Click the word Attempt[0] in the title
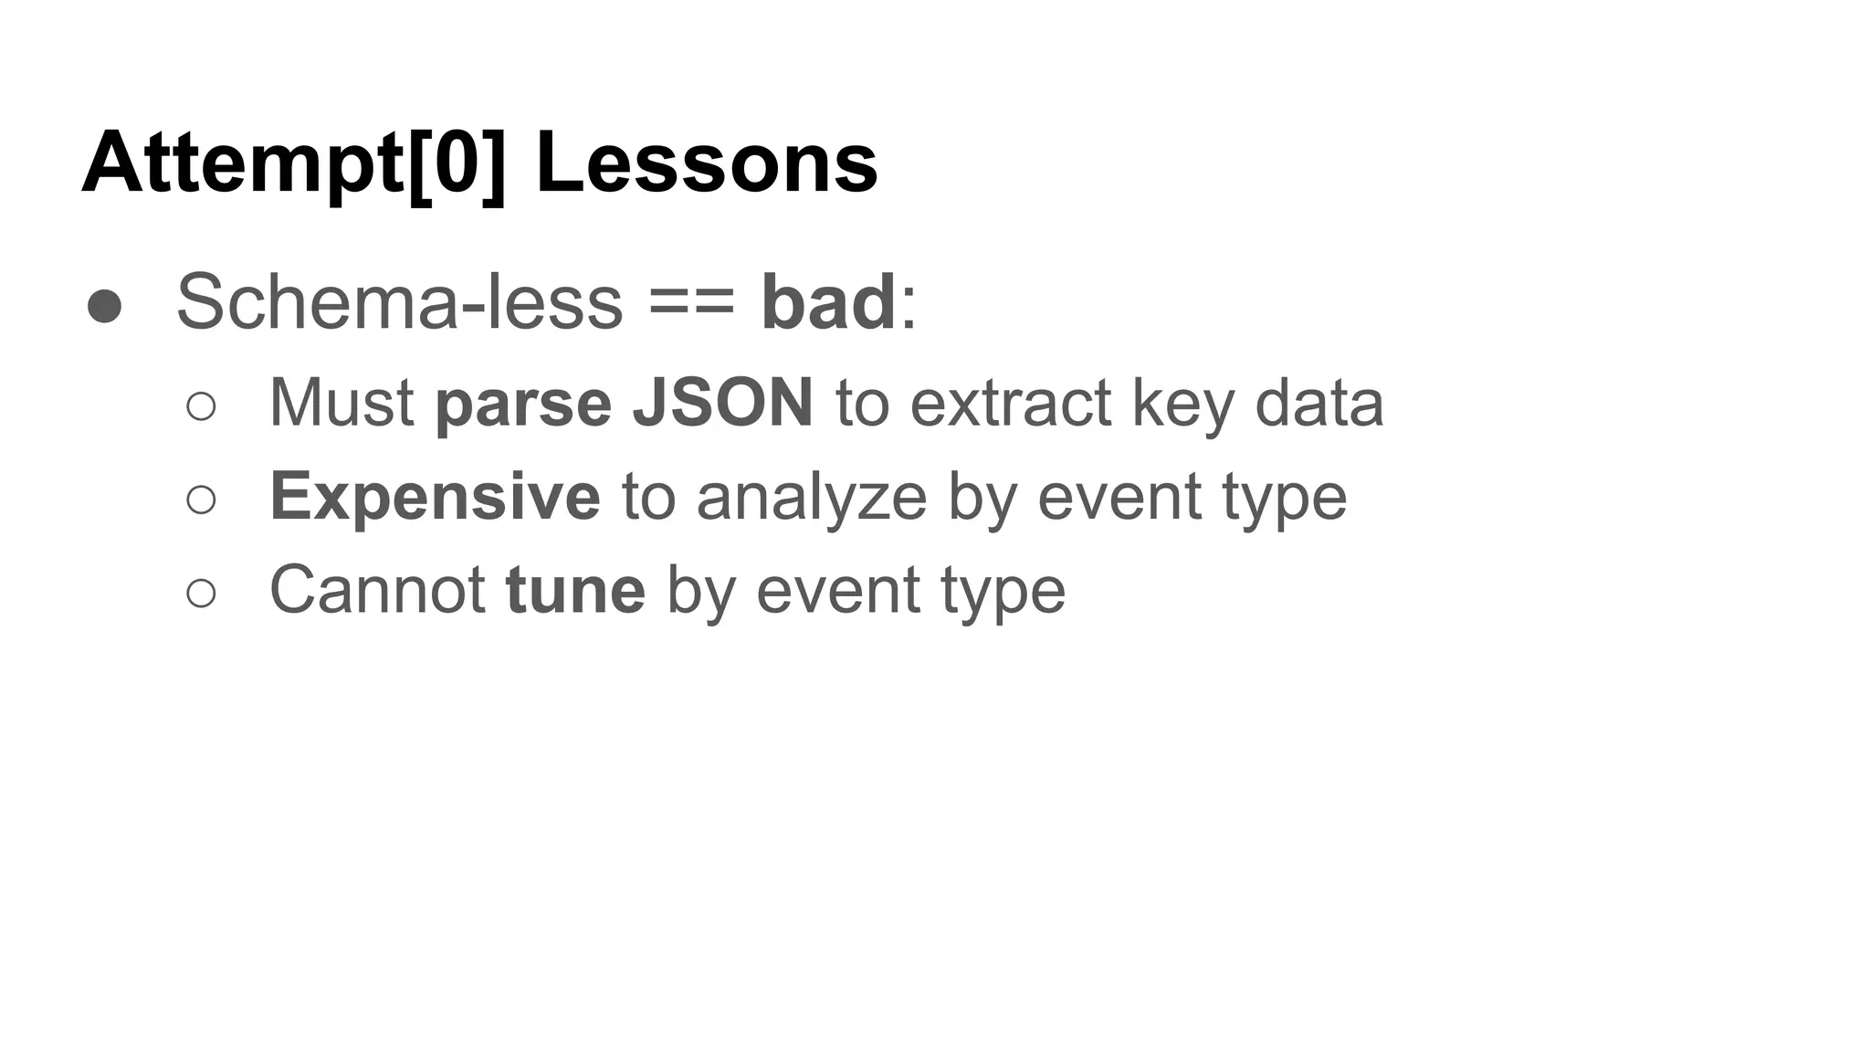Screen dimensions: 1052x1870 pyautogui.click(x=293, y=164)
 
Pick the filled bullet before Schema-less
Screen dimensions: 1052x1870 pyautogui.click(x=105, y=307)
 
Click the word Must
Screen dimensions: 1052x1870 pyautogui.click(x=341, y=403)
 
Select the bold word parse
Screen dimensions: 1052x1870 pyautogui.click(x=523, y=405)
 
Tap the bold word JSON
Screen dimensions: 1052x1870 pyautogui.click(x=722, y=403)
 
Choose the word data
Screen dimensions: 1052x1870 pyautogui.click(x=1318, y=403)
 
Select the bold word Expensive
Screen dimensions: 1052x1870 pyautogui.click(x=435, y=498)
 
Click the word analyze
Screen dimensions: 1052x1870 pyautogui.click(x=812, y=498)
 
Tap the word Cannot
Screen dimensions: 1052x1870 pyautogui.click(x=376, y=590)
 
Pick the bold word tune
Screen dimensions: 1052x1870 pyautogui.click(x=575, y=590)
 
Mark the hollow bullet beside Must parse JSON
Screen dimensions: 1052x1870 pyautogui.click(x=201, y=406)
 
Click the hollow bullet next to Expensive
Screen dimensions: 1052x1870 pyautogui.click(x=201, y=500)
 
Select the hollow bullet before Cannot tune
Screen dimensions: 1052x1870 pyautogui.click(x=201, y=593)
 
